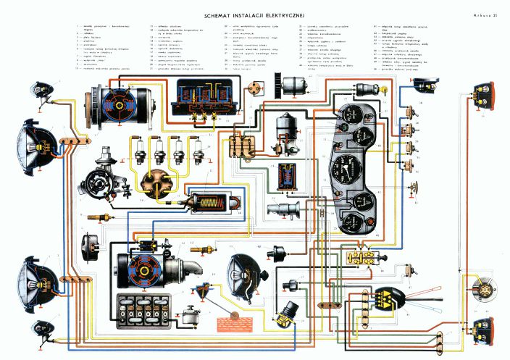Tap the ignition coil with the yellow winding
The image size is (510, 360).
(x=214, y=202)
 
